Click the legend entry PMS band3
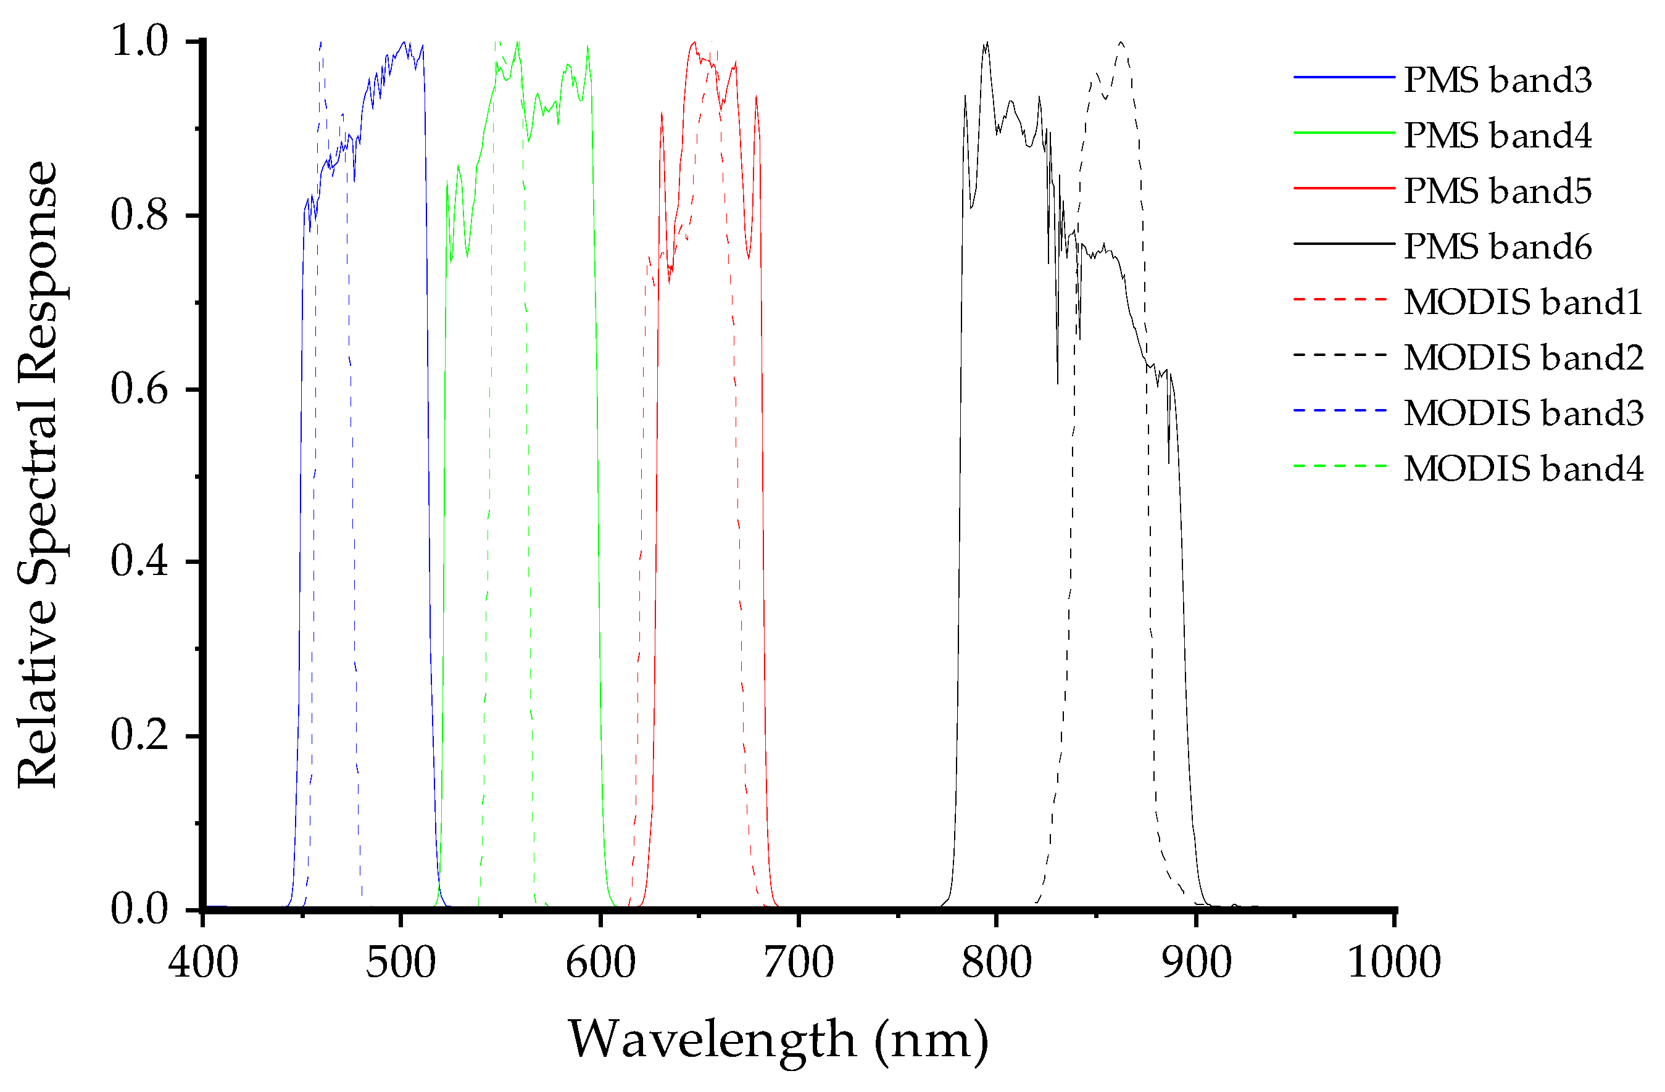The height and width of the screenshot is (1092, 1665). pos(1497,80)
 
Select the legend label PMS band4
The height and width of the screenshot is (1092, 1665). pos(1497,135)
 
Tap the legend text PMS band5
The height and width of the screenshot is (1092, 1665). pos(1497,191)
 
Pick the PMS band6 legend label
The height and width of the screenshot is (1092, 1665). pos(1497,246)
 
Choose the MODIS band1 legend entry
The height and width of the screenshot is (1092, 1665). pos(1522,302)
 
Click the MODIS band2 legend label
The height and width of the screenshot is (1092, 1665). pos(1522,357)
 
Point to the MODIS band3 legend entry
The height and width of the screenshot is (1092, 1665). pos(1522,413)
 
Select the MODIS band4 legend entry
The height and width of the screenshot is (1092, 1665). pos(1522,468)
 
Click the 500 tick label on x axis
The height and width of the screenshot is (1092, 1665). pos(401,962)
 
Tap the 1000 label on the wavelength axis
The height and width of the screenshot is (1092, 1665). pos(1393,962)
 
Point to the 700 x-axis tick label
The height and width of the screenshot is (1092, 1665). pos(798,962)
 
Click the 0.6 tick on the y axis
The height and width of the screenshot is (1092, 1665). pos(140,388)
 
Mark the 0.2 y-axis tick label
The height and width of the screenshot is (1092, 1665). pos(140,735)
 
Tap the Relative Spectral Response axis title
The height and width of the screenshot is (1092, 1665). pos(38,474)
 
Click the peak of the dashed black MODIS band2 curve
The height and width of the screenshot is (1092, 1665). pos(1121,43)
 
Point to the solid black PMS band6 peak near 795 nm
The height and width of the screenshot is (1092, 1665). pos(986,43)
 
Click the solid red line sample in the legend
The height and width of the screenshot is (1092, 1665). pos(1343,188)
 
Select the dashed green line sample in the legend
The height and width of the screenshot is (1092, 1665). pos(1340,466)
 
